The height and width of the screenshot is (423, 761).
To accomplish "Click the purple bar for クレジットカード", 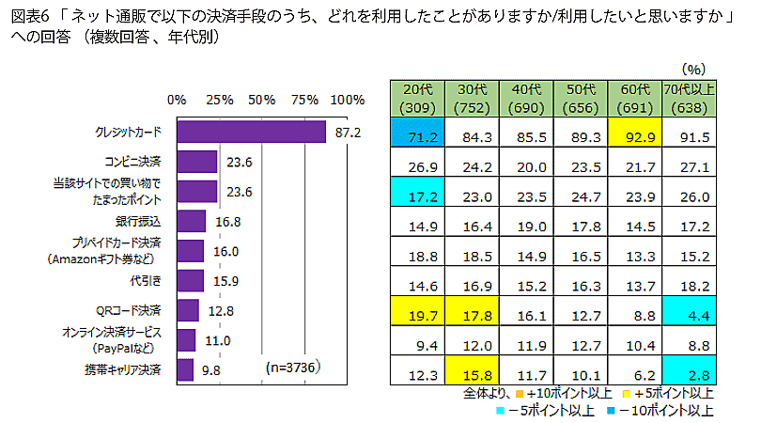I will click(251, 132).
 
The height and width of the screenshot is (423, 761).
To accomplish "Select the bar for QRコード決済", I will click(188, 310).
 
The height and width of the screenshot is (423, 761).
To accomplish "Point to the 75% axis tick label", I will click(305, 100).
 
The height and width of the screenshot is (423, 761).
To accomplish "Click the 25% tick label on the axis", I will click(219, 100).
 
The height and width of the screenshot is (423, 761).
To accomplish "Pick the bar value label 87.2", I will click(348, 133).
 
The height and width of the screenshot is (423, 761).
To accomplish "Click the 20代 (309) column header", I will click(416, 98).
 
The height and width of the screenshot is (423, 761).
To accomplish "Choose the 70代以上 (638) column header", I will click(689, 98).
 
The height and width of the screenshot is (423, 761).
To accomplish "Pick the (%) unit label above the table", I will click(694, 69).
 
